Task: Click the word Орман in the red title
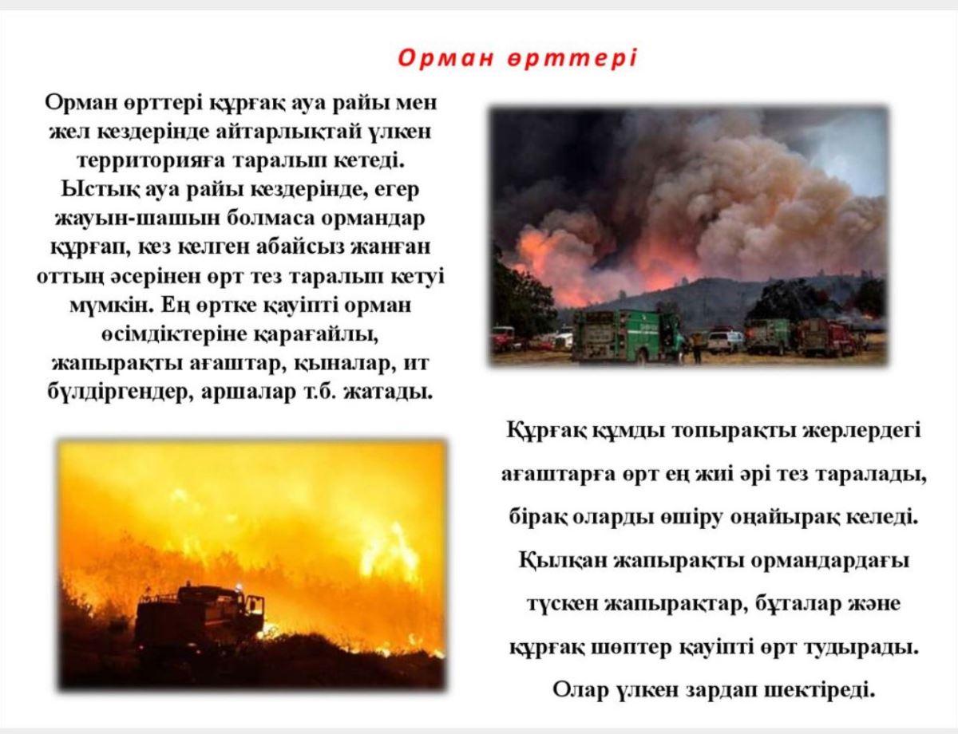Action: [x=445, y=58]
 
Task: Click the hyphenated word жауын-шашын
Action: [x=137, y=219]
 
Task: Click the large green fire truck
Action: [x=627, y=335]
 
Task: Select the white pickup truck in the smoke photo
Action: [x=725, y=341]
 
